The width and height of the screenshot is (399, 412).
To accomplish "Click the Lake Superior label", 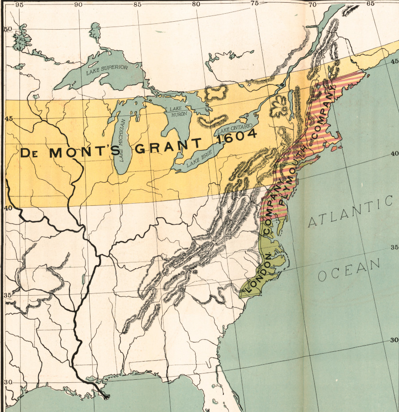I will coord(107,68).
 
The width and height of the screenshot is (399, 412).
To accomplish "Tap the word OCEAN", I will coord(349,269).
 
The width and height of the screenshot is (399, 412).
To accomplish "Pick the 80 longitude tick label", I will coord(196,4).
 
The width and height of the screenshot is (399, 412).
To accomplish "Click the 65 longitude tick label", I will coord(370,4).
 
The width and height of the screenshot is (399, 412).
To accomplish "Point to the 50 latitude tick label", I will coord(7,29).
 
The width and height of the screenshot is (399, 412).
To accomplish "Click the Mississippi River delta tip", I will coord(106,396).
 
